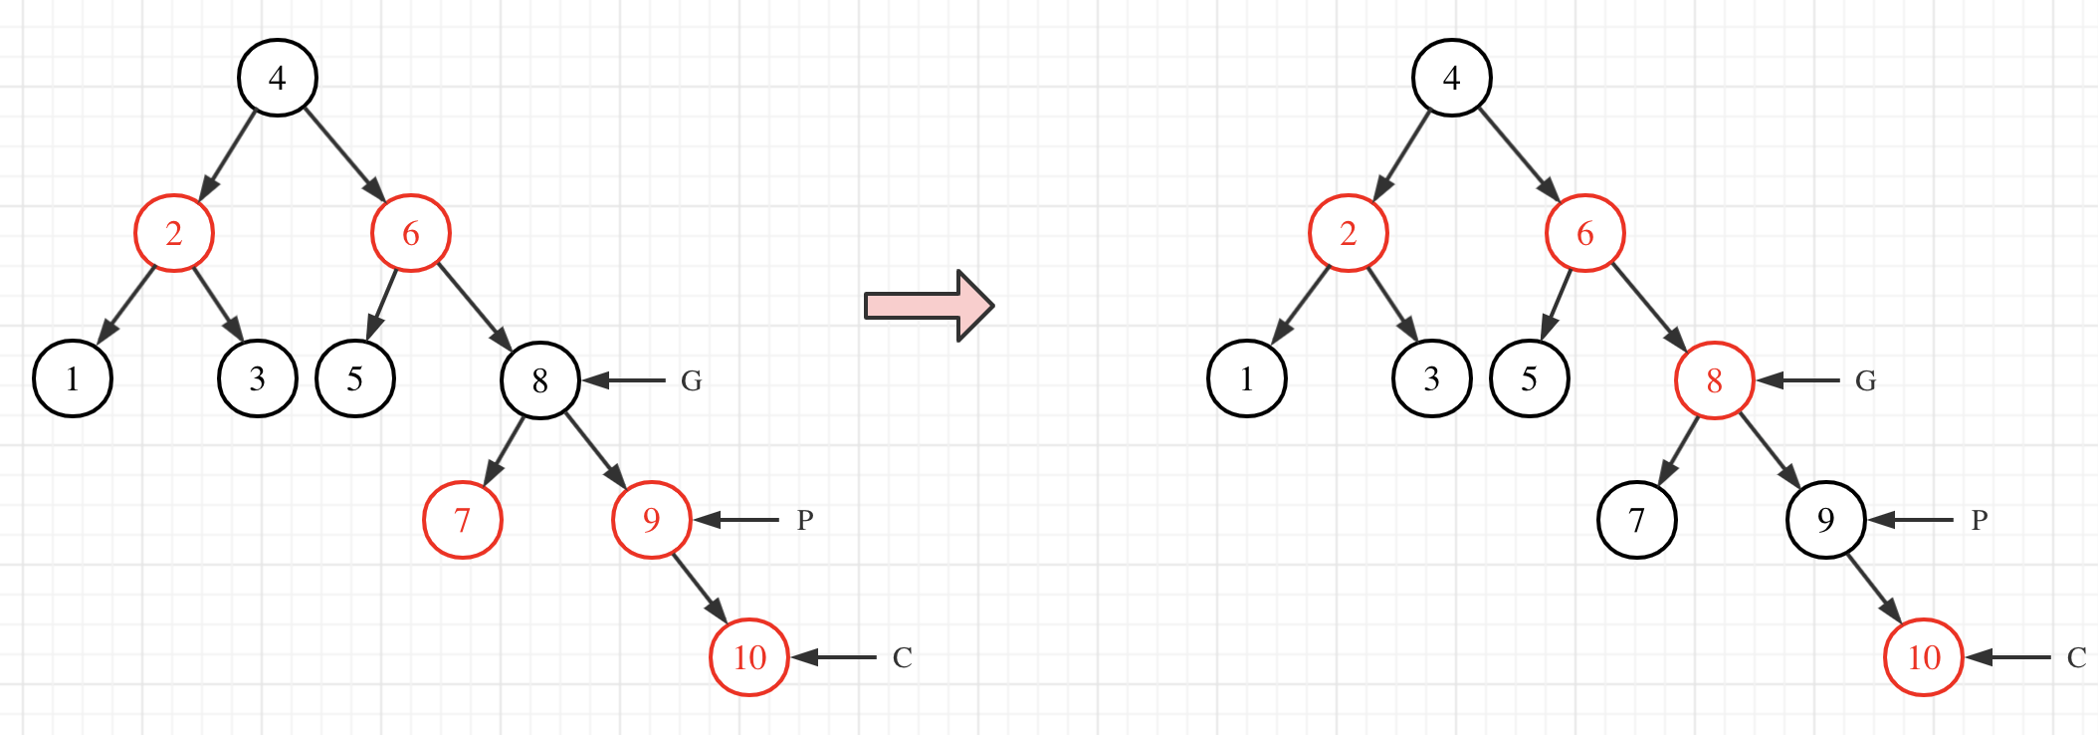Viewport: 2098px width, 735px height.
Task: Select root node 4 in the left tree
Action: point(278,78)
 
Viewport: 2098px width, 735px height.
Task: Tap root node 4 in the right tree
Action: point(1452,78)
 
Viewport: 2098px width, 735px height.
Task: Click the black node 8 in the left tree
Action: point(540,380)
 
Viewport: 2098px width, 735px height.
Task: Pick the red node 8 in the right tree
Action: point(1715,380)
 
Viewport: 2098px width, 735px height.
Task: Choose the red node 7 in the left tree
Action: point(463,520)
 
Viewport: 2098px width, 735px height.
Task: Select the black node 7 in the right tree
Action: point(1637,520)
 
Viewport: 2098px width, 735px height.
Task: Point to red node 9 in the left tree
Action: point(652,520)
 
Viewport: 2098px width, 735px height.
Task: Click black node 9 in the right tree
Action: point(1826,520)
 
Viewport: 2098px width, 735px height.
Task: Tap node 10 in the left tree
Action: point(749,657)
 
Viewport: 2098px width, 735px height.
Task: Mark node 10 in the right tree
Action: point(1924,657)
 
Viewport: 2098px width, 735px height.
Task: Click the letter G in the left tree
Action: point(692,380)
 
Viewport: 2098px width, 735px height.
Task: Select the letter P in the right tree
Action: point(1980,520)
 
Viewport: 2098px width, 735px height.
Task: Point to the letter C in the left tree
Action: point(903,657)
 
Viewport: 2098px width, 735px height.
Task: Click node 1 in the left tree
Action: point(73,378)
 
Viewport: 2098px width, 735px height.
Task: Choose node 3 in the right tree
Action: point(1432,378)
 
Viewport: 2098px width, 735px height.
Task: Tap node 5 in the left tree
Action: point(355,378)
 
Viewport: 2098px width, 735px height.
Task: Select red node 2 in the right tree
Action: point(1349,233)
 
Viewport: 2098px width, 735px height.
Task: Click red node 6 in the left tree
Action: point(411,233)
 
